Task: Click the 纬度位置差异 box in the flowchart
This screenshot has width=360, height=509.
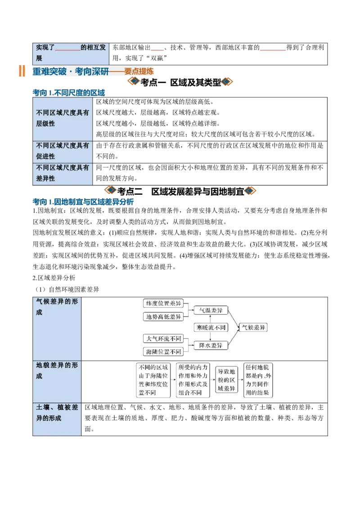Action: [x=163, y=303]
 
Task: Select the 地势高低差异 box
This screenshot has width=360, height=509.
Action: [x=163, y=317]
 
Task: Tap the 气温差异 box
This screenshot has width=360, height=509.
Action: [x=211, y=310]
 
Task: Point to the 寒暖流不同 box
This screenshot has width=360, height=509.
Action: [x=211, y=327]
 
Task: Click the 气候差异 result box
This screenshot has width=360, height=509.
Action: [x=253, y=327]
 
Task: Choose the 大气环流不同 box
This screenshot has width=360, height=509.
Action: [x=163, y=339]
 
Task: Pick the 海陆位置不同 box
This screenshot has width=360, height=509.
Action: [x=163, y=352]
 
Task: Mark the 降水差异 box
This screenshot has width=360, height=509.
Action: [x=211, y=345]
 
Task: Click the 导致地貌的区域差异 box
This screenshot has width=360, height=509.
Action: [x=226, y=380]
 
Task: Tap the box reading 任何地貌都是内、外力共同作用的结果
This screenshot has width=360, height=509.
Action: [x=258, y=380]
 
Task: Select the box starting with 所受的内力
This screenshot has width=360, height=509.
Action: [x=193, y=380]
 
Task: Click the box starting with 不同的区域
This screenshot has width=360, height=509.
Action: [x=153, y=380]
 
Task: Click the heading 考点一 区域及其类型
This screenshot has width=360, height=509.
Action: [x=180, y=82]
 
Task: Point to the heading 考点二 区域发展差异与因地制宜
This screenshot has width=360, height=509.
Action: [x=180, y=191]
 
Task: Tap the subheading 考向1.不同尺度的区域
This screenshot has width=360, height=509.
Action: [x=69, y=93]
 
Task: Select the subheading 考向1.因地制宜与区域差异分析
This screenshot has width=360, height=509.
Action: [x=83, y=201]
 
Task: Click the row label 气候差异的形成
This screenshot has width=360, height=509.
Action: [x=57, y=307]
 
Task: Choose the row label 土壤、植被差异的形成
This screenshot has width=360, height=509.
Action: [x=57, y=413]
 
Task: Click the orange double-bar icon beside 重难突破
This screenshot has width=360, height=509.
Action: [x=22, y=71]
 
